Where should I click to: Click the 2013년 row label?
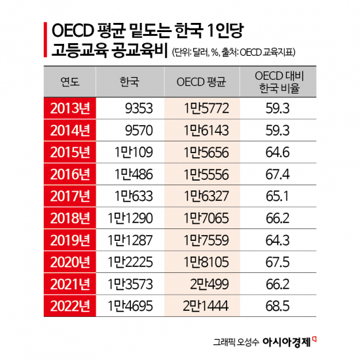[69, 107]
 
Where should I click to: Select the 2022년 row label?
[69, 306]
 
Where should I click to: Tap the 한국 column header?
[129, 82]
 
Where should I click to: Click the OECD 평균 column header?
[202, 82]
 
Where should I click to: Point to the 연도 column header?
[70, 82]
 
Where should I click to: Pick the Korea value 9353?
[139, 107]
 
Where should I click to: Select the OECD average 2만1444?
[205, 306]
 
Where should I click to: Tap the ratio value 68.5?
[278, 306]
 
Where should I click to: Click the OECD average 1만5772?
[205, 107]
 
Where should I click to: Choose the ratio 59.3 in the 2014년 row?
[278, 130]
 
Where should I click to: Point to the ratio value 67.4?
[278, 174]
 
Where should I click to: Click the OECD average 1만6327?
[205, 196]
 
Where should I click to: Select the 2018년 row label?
[69, 218]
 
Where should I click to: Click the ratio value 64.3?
[278, 240]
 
